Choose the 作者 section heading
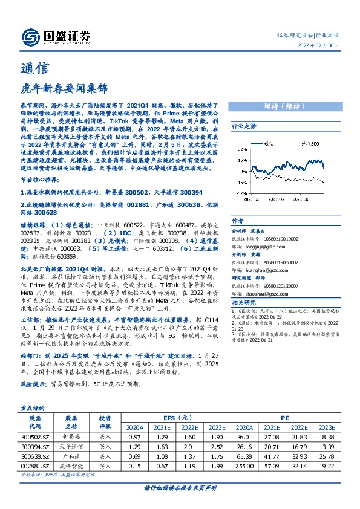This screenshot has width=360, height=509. pos(238,221)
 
